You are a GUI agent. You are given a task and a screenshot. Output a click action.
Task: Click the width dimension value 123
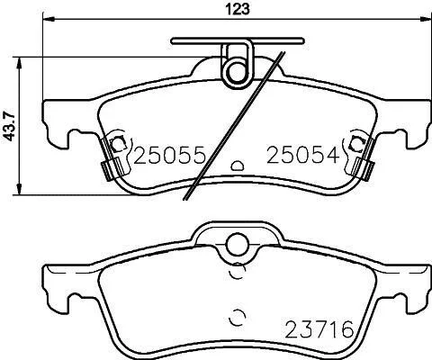pyautogui.click(x=238, y=9)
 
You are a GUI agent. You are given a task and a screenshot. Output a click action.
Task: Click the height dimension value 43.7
pyautogui.click(x=10, y=126)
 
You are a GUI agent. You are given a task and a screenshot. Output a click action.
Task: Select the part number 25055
pyautogui.click(x=169, y=156)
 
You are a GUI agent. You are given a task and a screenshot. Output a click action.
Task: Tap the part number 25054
pyautogui.click(x=303, y=156)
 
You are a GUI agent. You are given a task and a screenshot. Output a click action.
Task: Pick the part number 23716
pyautogui.click(x=319, y=329)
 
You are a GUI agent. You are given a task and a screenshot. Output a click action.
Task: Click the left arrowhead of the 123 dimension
pyautogui.click(x=49, y=19)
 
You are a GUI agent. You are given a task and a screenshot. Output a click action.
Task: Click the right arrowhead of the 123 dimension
pyautogui.click(x=426, y=19)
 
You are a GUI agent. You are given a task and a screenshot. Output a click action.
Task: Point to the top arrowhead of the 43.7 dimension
pyautogui.click(x=19, y=63)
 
